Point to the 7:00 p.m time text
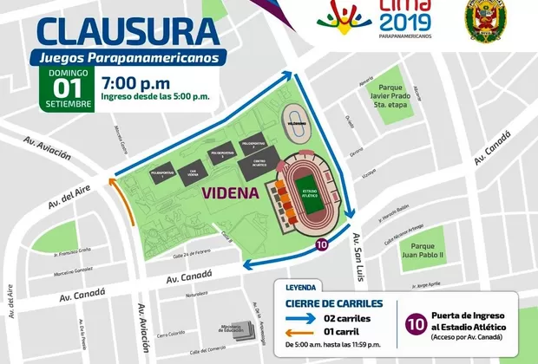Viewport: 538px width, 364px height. point(134,83)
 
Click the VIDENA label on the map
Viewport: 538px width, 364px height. point(230,192)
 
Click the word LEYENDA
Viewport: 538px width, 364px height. point(297,286)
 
